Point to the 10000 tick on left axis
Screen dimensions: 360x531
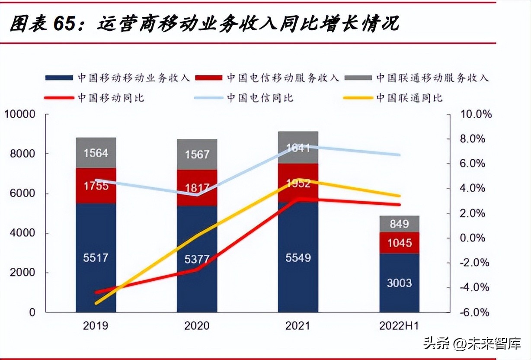click(x=19, y=115)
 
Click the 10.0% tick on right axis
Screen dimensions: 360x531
click(x=475, y=115)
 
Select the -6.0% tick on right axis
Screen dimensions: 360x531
click(x=475, y=312)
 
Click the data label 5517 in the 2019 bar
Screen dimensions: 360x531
click(x=96, y=258)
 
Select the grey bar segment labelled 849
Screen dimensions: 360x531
click(x=400, y=224)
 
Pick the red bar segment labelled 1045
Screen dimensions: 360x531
click(x=400, y=243)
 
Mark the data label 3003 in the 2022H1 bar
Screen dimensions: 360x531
click(x=400, y=283)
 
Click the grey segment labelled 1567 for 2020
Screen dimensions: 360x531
click(x=197, y=154)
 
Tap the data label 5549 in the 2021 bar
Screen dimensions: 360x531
click(x=298, y=258)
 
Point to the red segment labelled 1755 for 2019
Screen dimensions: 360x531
click(x=96, y=186)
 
